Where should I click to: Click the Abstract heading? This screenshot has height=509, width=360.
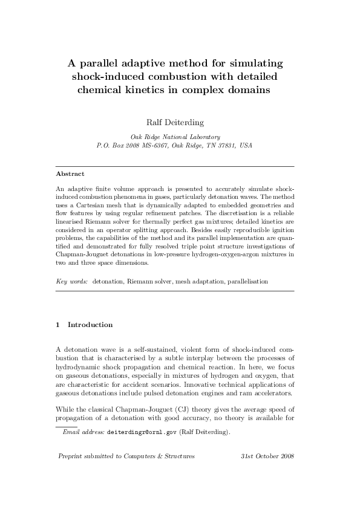click(x=70, y=173)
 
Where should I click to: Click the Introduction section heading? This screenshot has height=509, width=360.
click(x=90, y=325)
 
